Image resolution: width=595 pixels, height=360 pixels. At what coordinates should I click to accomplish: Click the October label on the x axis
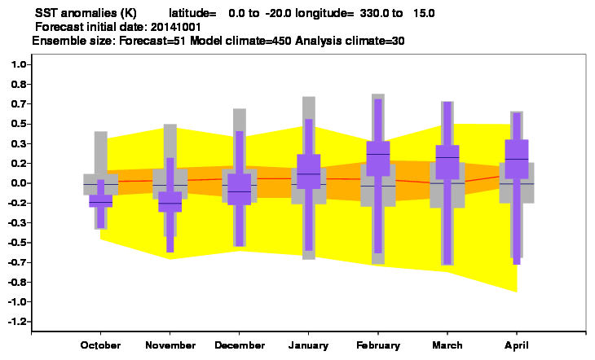pyautogui.click(x=100, y=345)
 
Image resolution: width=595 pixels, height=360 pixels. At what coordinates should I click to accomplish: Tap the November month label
pyautogui.click(x=170, y=345)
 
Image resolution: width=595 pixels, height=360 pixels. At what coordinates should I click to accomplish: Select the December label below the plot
pyautogui.click(x=240, y=345)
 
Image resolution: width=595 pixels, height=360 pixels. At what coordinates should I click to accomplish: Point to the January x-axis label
pyautogui.click(x=309, y=345)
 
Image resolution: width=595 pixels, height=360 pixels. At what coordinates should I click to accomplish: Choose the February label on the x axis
pyautogui.click(x=378, y=345)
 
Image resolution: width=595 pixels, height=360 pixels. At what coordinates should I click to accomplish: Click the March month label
pyautogui.click(x=447, y=345)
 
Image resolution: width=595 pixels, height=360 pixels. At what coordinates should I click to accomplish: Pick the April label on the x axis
pyautogui.click(x=517, y=345)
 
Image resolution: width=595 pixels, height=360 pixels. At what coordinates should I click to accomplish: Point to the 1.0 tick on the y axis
pyautogui.click(x=19, y=64)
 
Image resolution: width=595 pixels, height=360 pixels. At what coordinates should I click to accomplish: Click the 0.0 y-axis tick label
pyautogui.click(x=19, y=182)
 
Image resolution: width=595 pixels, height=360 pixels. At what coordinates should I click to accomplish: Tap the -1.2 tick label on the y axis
pyautogui.click(x=17, y=321)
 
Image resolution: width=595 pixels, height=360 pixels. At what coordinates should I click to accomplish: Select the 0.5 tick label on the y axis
pyautogui.click(x=19, y=124)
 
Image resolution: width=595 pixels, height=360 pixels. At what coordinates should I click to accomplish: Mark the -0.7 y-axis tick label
pyautogui.click(x=17, y=262)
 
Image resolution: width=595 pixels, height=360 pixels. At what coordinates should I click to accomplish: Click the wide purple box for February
pyautogui.click(x=378, y=159)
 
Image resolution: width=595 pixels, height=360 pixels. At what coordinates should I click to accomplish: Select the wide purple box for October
pyautogui.click(x=100, y=200)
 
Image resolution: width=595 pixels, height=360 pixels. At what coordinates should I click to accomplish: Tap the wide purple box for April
pyautogui.click(x=517, y=159)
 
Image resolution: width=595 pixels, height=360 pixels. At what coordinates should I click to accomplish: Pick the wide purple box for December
pyautogui.click(x=240, y=189)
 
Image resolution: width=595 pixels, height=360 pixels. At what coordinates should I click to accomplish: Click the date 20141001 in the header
pyautogui.click(x=176, y=28)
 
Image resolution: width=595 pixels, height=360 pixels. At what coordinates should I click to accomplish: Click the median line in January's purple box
pyautogui.click(x=309, y=173)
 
